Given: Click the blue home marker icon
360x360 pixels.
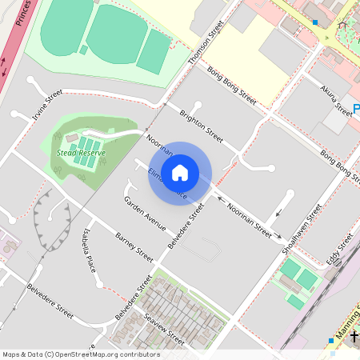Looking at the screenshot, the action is click(180, 172).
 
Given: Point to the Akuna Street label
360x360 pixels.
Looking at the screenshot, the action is click(336, 100).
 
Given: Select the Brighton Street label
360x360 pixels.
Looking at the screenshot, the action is click(201, 122).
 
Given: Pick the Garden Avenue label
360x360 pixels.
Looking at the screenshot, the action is click(144, 211).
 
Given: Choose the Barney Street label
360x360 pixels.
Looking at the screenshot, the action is click(134, 249).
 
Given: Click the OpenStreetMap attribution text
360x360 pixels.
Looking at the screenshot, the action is click(80, 354).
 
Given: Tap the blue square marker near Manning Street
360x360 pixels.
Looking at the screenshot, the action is click(331, 340).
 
